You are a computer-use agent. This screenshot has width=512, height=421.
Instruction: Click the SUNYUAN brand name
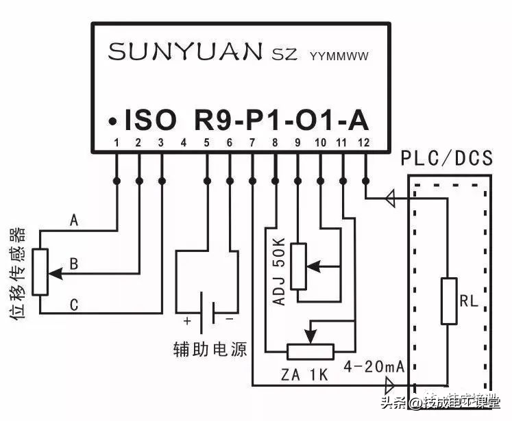coord(185,52)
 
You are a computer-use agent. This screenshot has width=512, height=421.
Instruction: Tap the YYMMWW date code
coord(339,55)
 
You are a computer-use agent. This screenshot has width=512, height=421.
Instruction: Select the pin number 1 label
coord(117,143)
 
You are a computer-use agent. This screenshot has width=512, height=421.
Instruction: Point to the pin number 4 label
coord(184,143)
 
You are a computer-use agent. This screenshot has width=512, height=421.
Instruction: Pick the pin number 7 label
coord(252,143)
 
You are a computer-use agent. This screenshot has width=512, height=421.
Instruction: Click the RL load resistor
coord(449,301)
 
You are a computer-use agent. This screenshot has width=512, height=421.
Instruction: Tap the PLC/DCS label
coord(447,159)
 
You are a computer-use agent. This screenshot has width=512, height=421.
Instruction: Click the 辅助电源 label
coord(210,350)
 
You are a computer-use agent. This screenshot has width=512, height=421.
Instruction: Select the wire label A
coord(74,221)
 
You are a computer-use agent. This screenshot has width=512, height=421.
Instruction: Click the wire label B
coord(74,264)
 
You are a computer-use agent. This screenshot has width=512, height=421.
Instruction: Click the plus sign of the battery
coord(186,320)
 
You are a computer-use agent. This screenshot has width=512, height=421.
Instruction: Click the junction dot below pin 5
coord(207,181)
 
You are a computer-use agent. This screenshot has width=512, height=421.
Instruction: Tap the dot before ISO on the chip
coord(110,121)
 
